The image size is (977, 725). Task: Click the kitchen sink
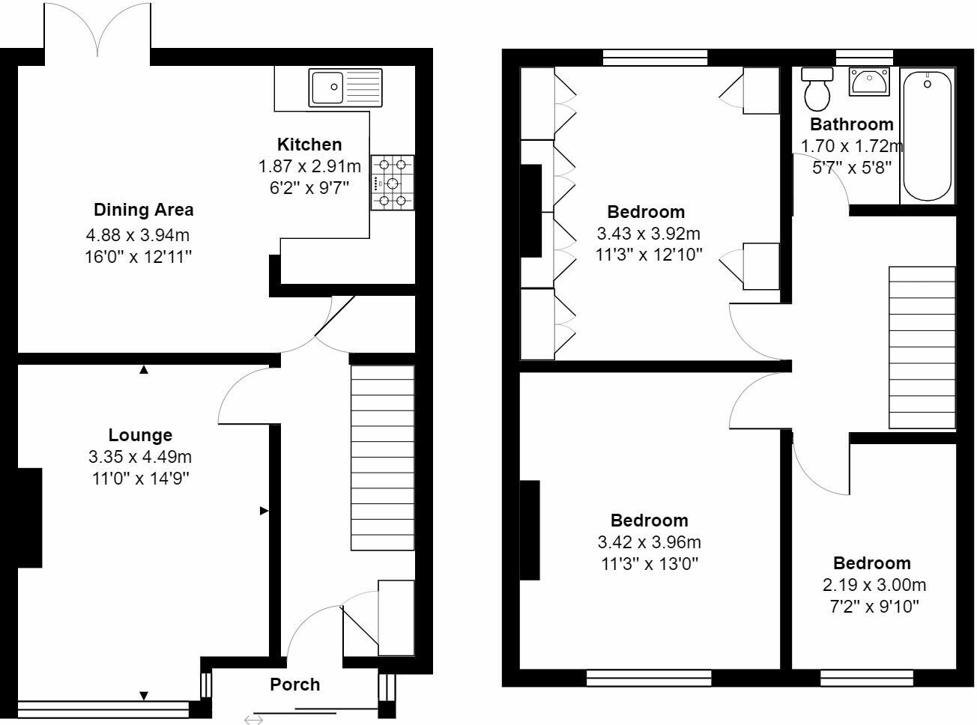pyautogui.click(x=345, y=87)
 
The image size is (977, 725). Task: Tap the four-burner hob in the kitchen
pyautogui.click(x=393, y=183)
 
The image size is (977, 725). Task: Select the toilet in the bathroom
pyautogui.click(x=817, y=88)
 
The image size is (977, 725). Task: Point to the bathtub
pyautogui.click(x=928, y=135)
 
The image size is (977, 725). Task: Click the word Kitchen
pyautogui.click(x=309, y=145)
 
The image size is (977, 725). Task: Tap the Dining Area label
pyautogui.click(x=143, y=210)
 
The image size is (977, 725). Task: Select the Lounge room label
pyautogui.click(x=140, y=435)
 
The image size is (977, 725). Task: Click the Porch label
pyautogui.click(x=295, y=685)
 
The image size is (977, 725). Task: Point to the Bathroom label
pyautogui.click(x=852, y=124)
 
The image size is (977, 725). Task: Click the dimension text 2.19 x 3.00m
pyautogui.click(x=872, y=585)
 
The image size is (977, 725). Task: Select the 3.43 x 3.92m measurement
pyautogui.click(x=648, y=234)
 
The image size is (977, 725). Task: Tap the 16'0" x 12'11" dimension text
pyautogui.click(x=139, y=257)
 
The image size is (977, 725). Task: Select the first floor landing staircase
pyautogui.click(x=922, y=348)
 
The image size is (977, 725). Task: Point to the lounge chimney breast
pyautogui.click(x=29, y=518)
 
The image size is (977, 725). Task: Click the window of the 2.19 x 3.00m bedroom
pyautogui.click(x=867, y=679)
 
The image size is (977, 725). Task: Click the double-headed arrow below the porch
pyautogui.click(x=253, y=720)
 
